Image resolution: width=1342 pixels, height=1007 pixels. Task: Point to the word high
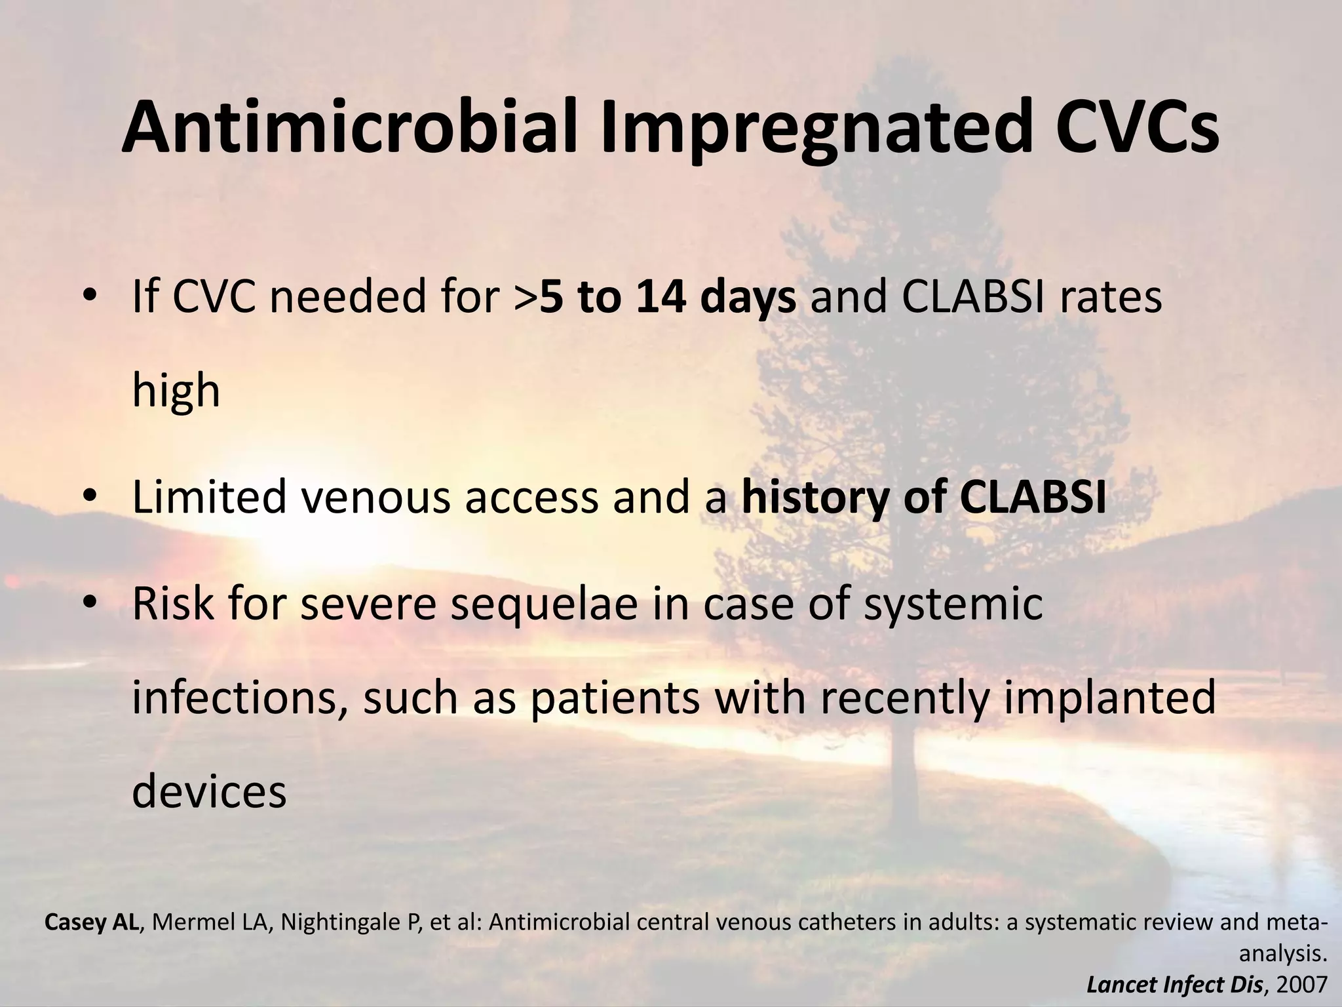176,391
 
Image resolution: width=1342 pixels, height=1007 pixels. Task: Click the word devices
209,792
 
